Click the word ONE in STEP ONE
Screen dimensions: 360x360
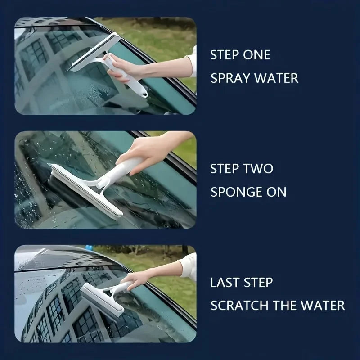(257, 55)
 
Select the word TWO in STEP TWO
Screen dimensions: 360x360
(259, 169)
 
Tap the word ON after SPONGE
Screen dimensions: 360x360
(276, 192)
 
